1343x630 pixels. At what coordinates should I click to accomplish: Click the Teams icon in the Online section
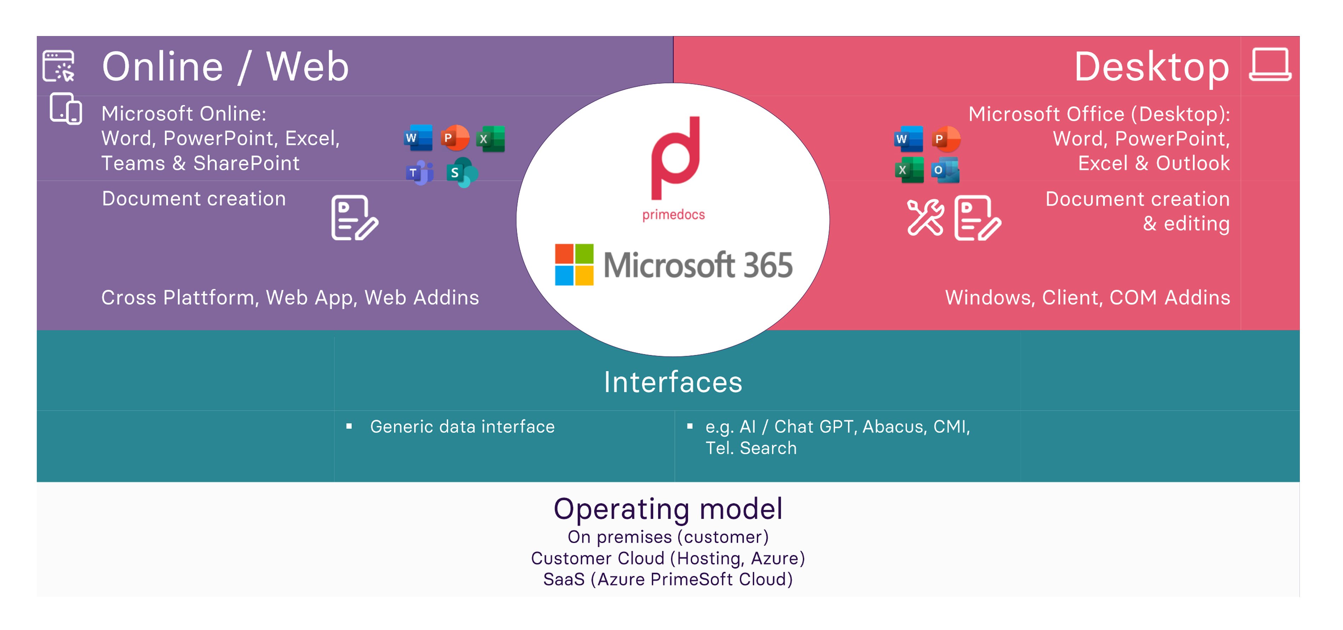(420, 173)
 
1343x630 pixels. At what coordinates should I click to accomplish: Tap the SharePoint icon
(462, 173)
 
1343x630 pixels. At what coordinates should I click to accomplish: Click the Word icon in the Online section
(418, 138)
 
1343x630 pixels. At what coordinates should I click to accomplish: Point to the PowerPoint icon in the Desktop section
(946, 139)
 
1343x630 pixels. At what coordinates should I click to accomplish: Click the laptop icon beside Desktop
(1270, 65)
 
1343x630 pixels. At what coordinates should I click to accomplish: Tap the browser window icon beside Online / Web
(58, 66)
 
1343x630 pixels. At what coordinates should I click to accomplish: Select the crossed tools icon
(926, 217)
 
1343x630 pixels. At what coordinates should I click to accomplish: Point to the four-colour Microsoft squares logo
(574, 265)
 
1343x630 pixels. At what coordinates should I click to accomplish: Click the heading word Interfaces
(673, 382)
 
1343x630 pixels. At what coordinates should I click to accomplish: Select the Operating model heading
(668, 509)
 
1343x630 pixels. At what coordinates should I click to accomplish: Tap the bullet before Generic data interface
(349, 427)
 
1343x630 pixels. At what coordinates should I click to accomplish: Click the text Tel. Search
(751, 448)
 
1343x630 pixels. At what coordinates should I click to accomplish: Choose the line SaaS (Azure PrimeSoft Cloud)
(668, 579)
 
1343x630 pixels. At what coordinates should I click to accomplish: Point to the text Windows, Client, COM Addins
(1088, 298)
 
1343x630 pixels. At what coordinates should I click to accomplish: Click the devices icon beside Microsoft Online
(66, 109)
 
